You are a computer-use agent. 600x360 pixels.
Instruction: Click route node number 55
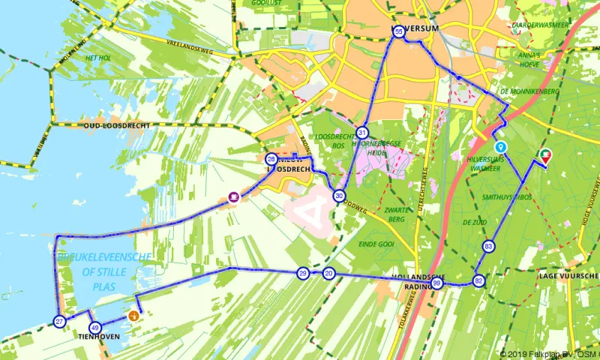(399, 31)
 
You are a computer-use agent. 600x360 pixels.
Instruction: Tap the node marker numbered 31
(361, 130)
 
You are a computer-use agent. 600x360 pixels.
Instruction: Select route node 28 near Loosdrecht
(271, 159)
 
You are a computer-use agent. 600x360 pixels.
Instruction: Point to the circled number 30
(340, 196)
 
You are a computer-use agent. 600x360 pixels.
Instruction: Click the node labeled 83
(489, 246)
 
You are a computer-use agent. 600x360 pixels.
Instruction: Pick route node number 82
(478, 281)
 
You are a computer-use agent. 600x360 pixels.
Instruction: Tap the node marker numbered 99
(436, 284)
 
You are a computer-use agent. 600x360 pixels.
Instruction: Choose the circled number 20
(328, 274)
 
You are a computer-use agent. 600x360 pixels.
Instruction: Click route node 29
(302, 273)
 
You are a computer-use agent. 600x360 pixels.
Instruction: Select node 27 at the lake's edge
(60, 322)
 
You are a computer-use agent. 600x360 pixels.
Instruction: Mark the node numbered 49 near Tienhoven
(94, 328)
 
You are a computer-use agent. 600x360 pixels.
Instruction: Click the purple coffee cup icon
(234, 197)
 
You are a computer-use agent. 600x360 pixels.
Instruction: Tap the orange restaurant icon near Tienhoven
(133, 316)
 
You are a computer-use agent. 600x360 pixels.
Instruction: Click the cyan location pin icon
(500, 147)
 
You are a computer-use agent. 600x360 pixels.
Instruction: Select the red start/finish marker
(545, 155)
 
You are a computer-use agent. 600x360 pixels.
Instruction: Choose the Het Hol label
(99, 58)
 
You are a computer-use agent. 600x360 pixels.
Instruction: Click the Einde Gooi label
(376, 244)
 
